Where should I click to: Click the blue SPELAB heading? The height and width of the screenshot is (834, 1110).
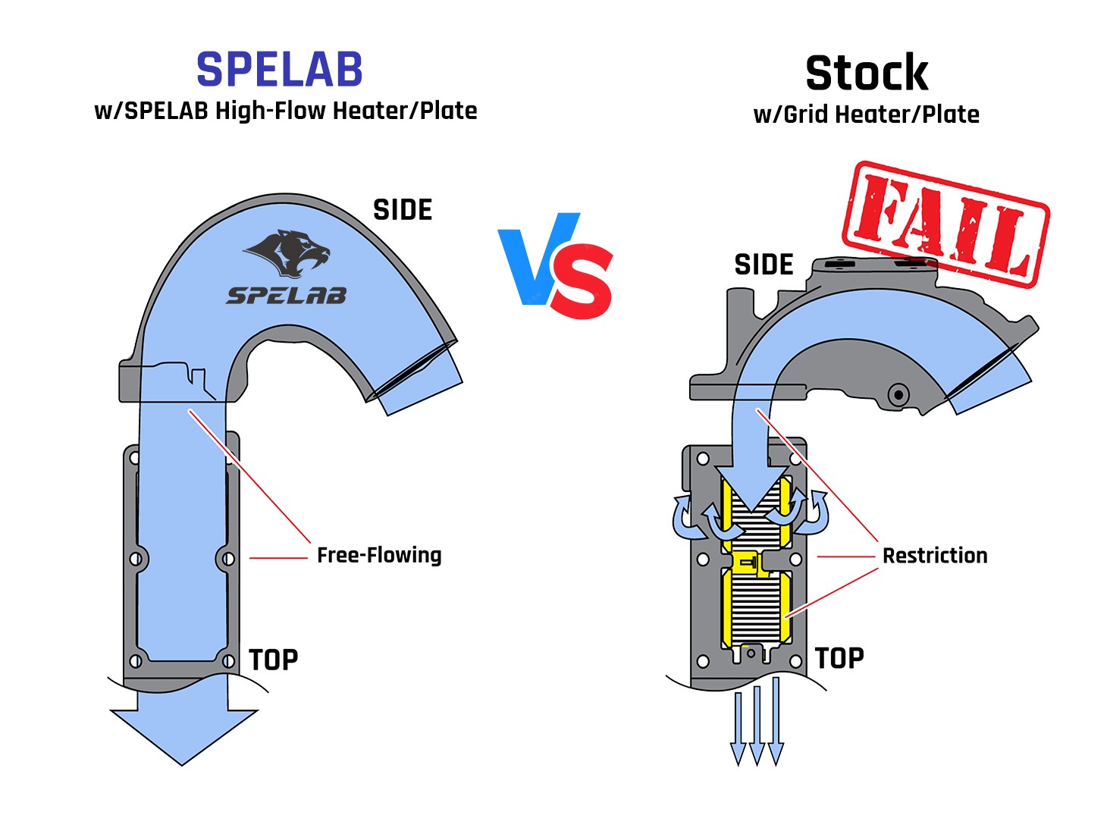[280, 70]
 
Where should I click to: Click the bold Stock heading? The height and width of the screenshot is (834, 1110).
[867, 74]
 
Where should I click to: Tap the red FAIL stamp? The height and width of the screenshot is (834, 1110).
[945, 224]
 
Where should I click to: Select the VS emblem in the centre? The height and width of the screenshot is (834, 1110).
[556, 265]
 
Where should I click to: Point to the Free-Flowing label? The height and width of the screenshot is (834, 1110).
[379, 555]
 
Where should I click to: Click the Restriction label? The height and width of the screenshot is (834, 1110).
[935, 556]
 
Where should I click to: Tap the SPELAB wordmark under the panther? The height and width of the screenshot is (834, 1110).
[287, 296]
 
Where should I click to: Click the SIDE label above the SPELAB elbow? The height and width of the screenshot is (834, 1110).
[403, 210]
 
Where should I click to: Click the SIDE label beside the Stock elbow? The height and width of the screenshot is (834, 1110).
[764, 265]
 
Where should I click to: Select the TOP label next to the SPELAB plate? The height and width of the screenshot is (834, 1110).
[273, 660]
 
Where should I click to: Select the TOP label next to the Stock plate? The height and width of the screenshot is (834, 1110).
[839, 658]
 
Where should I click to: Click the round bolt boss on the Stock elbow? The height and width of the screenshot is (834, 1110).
[898, 394]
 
